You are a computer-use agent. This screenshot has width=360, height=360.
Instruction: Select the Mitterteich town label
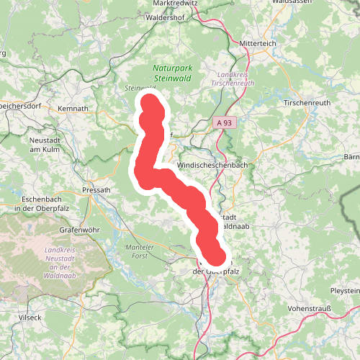click(261, 42)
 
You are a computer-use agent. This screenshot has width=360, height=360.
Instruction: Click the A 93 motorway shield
click(225, 123)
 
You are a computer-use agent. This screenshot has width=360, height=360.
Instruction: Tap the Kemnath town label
click(73, 109)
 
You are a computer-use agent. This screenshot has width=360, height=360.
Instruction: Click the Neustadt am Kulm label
click(49, 144)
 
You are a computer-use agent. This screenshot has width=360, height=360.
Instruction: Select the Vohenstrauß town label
click(309, 308)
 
